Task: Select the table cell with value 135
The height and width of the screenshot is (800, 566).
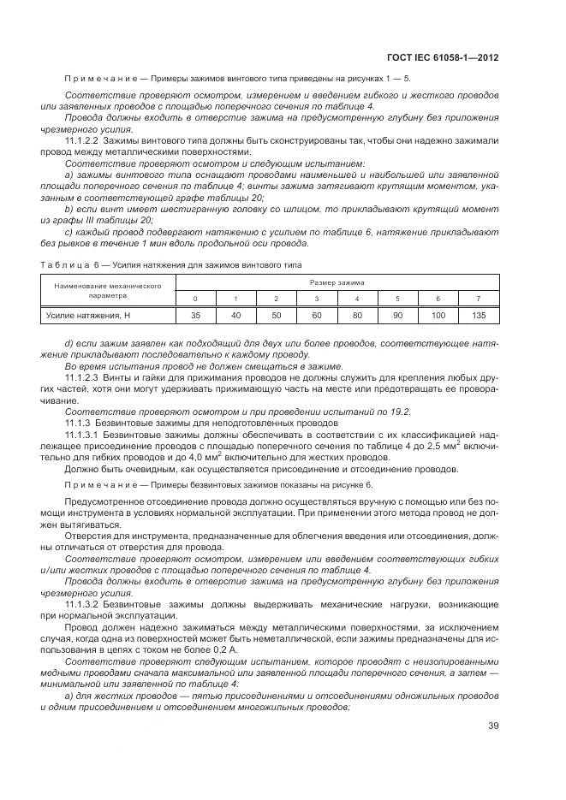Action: pos(479,316)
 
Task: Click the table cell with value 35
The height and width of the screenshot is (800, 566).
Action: pos(195,316)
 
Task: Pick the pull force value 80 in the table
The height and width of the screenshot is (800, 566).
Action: pos(357,316)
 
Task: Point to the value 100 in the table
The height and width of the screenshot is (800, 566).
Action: pos(438,316)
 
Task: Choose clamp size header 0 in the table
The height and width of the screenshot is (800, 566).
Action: pos(195,298)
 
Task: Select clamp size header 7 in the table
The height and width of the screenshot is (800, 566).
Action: pos(479,298)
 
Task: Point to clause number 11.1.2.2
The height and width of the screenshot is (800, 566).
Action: pos(82,139)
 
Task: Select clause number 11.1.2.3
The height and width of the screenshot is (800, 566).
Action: pos(82,376)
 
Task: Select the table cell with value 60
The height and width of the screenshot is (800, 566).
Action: pos(317,316)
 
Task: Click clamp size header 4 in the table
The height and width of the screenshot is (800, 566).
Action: pos(357,298)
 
